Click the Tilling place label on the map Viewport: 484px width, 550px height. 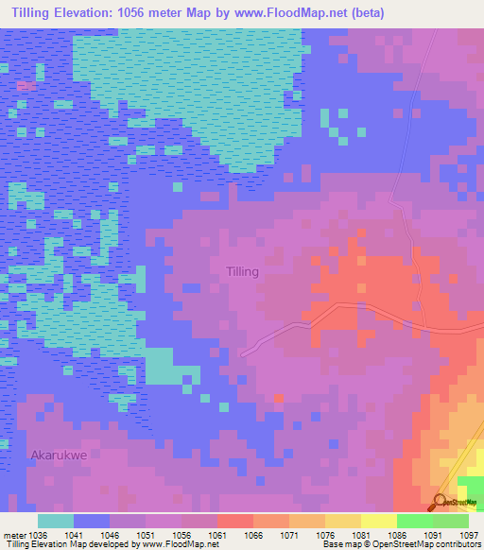(242, 271)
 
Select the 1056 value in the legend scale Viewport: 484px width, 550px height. (181, 534)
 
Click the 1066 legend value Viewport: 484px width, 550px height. (252, 534)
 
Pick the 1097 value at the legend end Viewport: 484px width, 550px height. (469, 534)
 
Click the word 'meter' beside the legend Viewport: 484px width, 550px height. (13, 534)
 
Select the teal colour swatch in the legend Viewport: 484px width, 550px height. (56, 521)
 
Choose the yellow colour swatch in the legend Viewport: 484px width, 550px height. (378, 521)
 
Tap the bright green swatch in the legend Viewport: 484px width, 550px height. (414, 521)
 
